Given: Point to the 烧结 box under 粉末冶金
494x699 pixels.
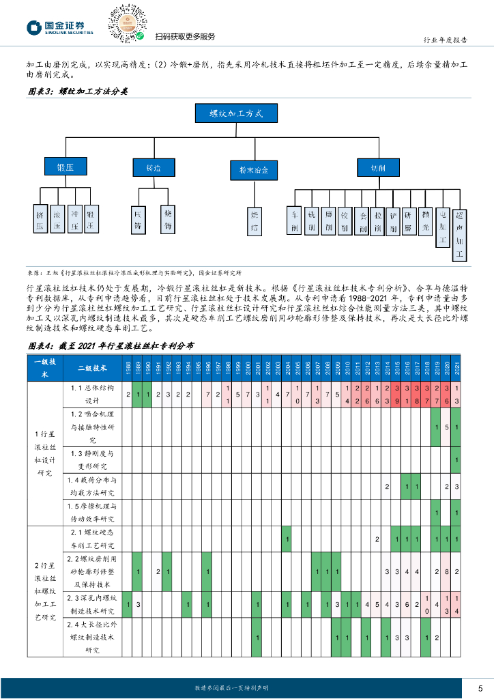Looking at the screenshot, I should [x=255, y=219].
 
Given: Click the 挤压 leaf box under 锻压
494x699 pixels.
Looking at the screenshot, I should [x=40, y=219].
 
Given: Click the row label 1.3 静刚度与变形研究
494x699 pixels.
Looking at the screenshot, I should [x=93, y=459].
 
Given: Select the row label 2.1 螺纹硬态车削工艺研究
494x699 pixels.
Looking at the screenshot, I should [x=93, y=539].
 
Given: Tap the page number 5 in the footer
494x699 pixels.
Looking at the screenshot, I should [x=480, y=687].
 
